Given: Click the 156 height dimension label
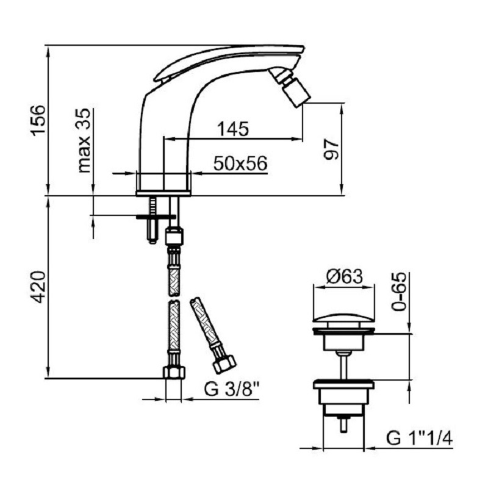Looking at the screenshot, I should [38, 120].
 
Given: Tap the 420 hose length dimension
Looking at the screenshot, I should [38, 287].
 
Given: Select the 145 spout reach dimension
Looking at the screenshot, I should [232, 129].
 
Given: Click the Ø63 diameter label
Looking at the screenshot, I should [344, 276].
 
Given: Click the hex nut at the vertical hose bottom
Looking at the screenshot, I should [173, 372].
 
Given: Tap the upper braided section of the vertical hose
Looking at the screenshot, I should [174, 269].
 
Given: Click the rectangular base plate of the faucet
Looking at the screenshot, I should [163, 193].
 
